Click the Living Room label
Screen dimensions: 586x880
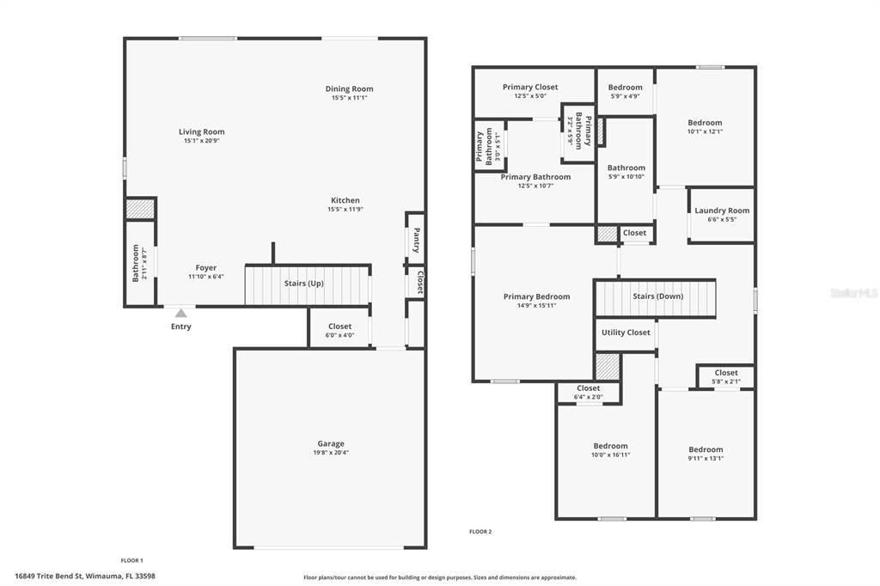201,132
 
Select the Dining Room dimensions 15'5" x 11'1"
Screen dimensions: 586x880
349,98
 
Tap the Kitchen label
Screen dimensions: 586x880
345,200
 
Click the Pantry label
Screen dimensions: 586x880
416,240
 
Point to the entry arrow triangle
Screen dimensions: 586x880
180,314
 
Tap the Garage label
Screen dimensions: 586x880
330,443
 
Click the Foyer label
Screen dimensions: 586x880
205,268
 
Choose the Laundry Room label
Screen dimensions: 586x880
722,211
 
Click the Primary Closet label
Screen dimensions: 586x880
530,87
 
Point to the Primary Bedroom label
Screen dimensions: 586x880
536,296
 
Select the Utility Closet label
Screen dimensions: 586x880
626,333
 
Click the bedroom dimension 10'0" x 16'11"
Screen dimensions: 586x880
610,455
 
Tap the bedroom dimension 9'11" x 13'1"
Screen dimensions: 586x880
706,459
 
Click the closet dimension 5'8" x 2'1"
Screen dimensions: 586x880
726,382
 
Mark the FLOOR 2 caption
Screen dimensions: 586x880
480,532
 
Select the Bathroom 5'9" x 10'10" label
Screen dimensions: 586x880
626,168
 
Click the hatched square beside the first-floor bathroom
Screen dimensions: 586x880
140,209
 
